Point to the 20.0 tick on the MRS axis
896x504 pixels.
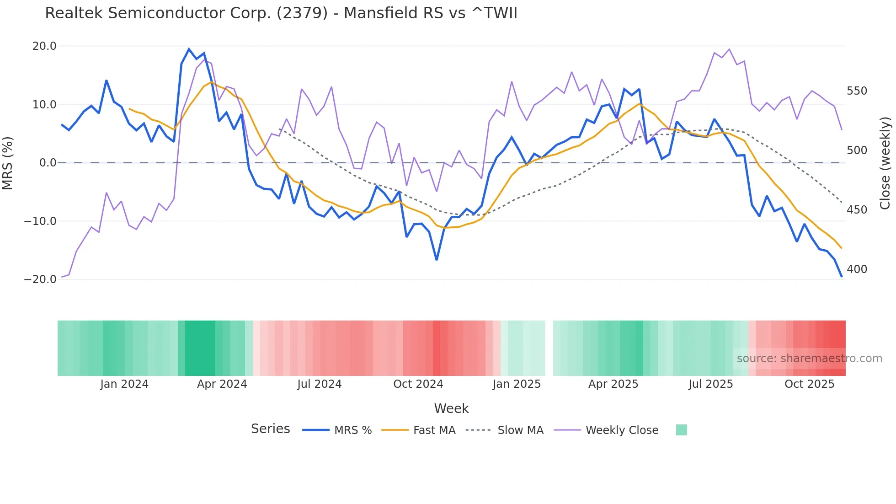(x=44, y=46)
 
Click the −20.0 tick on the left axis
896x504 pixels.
(x=40, y=279)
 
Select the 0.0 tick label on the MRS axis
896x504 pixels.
(x=48, y=163)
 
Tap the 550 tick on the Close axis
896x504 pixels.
(x=857, y=91)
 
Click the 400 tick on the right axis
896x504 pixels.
(x=857, y=269)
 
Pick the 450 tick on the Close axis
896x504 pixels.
(x=857, y=210)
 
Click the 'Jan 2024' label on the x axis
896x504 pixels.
(x=124, y=384)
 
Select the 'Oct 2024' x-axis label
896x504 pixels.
(x=418, y=384)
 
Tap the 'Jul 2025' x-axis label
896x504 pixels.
(x=711, y=384)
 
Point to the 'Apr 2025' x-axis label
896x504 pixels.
(x=613, y=384)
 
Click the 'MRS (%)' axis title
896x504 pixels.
(x=8, y=163)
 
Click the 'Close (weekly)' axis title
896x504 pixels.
(x=885, y=163)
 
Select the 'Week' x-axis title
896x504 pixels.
(x=451, y=408)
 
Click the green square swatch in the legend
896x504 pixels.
(x=681, y=430)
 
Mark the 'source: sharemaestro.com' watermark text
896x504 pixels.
(x=809, y=359)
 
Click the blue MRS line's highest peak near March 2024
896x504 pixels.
(x=189, y=49)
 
